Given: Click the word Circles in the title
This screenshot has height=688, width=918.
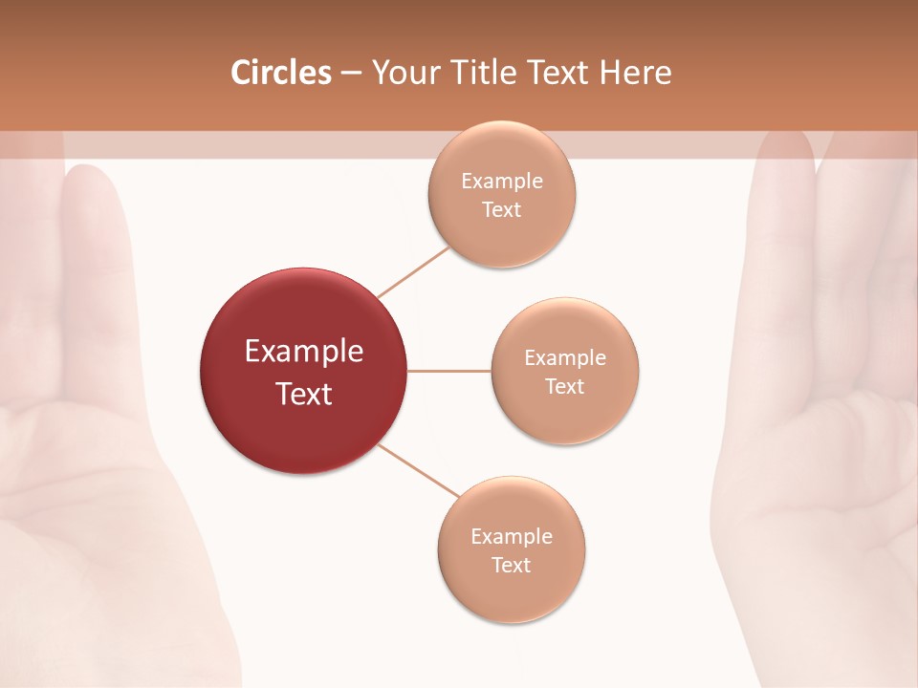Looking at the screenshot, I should [x=281, y=73].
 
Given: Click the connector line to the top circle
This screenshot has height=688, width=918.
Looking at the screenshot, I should [x=413, y=271].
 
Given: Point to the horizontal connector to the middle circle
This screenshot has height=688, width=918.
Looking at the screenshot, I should [x=449, y=371].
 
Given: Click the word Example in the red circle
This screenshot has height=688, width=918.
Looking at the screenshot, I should [x=304, y=352].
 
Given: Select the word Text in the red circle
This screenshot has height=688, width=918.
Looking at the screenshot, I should [x=304, y=394].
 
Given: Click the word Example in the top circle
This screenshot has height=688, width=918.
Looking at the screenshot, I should [x=502, y=182].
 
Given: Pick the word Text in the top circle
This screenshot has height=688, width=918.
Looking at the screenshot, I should [x=502, y=210].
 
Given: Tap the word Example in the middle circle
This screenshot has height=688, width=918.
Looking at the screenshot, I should [x=565, y=358].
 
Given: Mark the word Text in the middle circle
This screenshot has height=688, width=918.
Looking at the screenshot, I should [x=565, y=387].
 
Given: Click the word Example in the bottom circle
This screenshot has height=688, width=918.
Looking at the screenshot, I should [x=512, y=537].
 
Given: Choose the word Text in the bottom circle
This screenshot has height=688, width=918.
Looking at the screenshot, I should [x=512, y=566].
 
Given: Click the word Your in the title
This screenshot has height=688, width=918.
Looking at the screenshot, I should [x=401, y=73].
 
